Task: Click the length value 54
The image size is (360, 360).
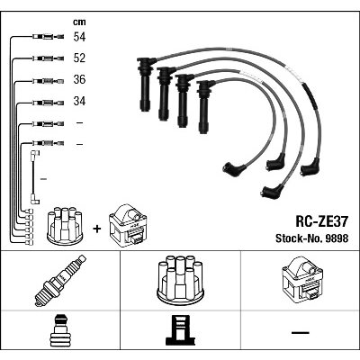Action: click(x=79, y=37)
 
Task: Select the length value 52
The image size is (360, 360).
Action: click(x=79, y=58)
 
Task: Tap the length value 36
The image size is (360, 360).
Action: click(x=79, y=79)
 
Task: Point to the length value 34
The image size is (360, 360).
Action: click(x=79, y=101)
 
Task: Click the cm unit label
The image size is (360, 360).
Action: click(x=79, y=22)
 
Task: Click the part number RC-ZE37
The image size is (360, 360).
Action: click(x=322, y=221)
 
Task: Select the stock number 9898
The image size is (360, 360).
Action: click(x=335, y=238)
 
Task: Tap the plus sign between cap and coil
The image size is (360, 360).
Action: click(x=97, y=229)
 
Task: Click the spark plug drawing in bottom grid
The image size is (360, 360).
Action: click(x=60, y=281)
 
